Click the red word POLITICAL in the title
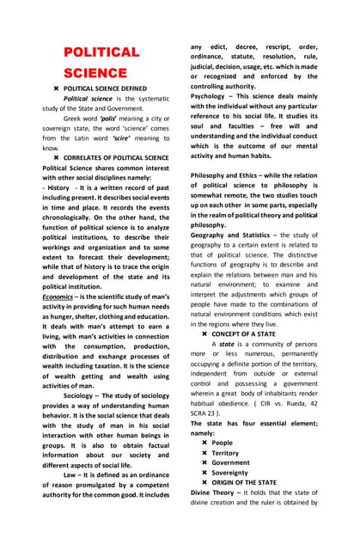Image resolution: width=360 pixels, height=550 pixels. (x=101, y=53)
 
